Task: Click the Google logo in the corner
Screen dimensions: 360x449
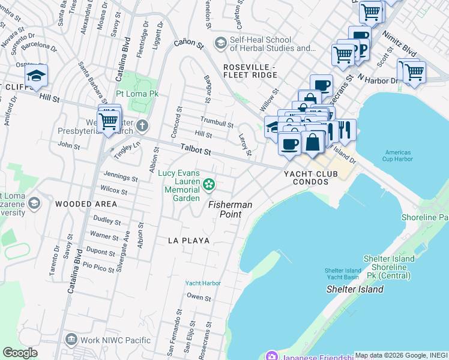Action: [x=20, y=353]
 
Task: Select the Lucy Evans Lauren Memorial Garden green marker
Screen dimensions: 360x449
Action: [x=209, y=184]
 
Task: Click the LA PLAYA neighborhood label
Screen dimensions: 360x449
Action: [x=188, y=241]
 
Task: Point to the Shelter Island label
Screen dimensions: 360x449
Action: [x=354, y=289]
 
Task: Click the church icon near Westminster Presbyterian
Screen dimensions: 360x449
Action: [x=142, y=126]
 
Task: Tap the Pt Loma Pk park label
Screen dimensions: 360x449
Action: [x=137, y=94]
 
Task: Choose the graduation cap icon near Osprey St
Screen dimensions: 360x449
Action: [x=36, y=76]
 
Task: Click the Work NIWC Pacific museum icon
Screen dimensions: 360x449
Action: [x=71, y=340]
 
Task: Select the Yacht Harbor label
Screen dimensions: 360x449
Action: [x=203, y=283]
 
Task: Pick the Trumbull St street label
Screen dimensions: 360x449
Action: [x=217, y=124]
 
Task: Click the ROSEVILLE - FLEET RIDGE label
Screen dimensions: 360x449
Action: [x=250, y=71]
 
